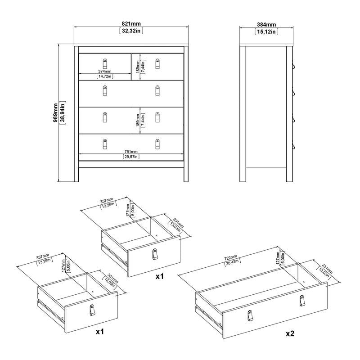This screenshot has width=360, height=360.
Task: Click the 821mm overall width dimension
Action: [x=131, y=24]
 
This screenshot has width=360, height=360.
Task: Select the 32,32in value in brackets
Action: [x=131, y=31]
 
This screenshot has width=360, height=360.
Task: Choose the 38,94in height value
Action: [x=63, y=113]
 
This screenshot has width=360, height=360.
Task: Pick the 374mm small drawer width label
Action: [x=105, y=71]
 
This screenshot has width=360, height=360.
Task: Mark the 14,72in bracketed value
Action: [x=105, y=76]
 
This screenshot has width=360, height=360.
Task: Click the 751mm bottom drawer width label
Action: [x=131, y=151]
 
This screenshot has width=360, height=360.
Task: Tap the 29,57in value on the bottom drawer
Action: [x=131, y=157]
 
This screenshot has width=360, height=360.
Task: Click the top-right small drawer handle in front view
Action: [x=157, y=63]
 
